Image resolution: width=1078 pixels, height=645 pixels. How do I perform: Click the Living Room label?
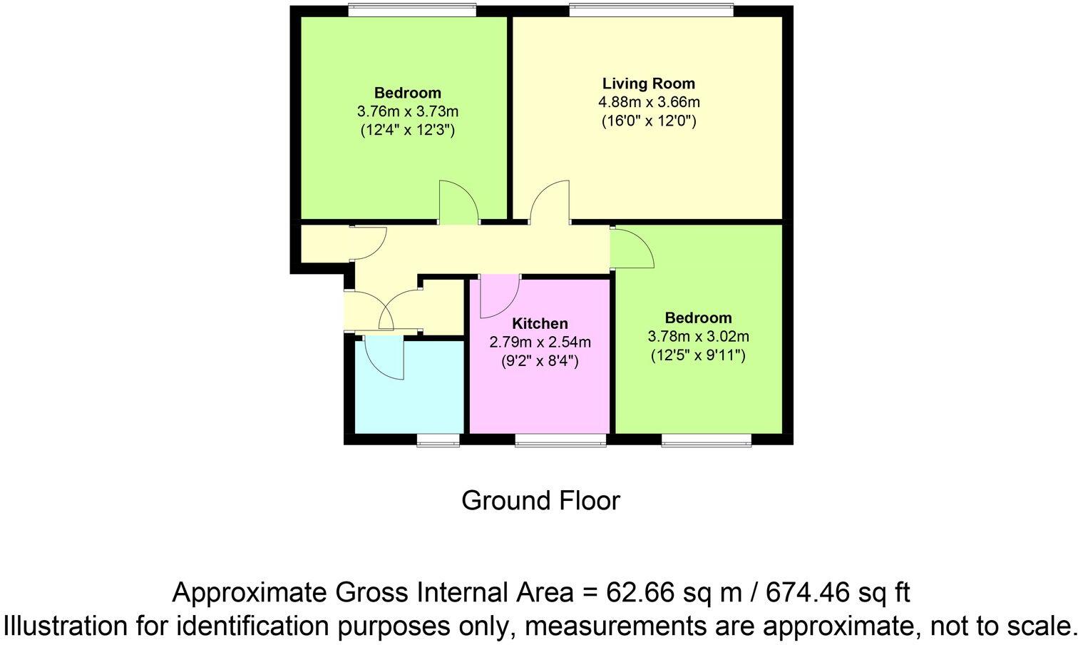648,83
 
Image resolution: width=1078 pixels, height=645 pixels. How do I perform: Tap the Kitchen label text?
540,324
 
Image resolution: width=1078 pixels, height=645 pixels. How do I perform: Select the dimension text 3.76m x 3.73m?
407,111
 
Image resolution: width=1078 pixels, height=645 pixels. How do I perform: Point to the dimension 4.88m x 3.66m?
648,102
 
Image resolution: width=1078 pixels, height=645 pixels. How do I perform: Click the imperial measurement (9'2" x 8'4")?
540,361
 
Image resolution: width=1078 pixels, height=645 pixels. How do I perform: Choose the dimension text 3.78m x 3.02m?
698,336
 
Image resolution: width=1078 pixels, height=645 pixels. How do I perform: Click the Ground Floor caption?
540,501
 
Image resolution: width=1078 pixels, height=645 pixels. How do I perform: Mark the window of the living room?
651,10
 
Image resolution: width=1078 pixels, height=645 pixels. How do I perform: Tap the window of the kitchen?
560,440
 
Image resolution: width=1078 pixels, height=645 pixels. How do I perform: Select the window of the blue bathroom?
438,440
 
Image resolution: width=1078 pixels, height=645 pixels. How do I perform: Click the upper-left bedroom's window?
412,10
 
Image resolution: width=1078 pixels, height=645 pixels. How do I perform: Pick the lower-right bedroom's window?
707,440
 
